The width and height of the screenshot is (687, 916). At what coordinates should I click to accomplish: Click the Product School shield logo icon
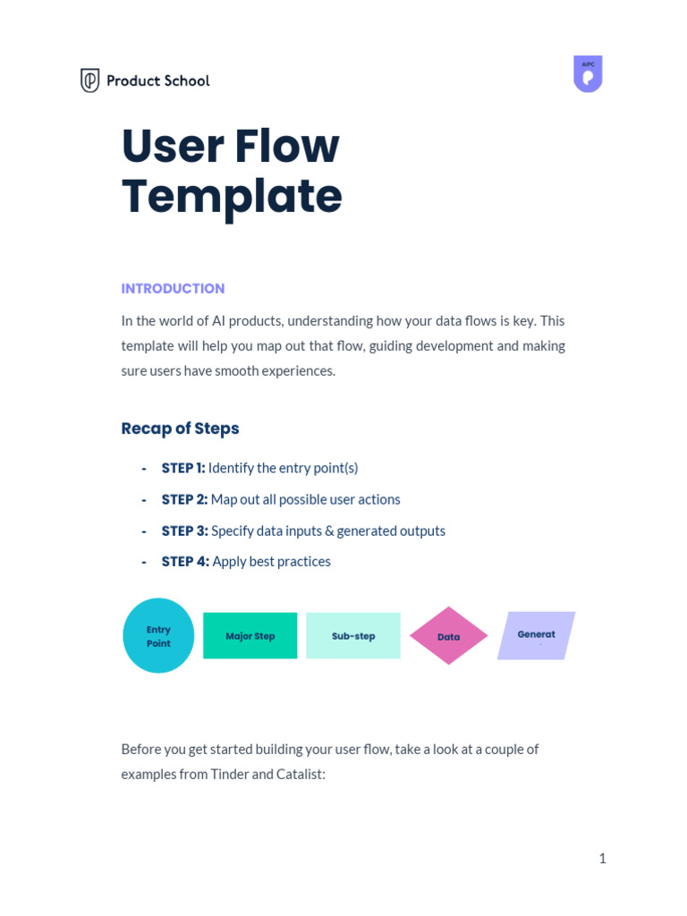[x=89, y=81]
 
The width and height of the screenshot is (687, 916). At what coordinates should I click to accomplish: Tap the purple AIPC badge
[x=588, y=74]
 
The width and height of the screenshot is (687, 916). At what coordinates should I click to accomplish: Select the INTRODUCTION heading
[x=173, y=288]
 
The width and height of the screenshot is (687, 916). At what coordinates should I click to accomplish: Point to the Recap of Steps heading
[x=180, y=428]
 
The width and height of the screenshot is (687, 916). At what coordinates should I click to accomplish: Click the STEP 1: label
[x=183, y=468]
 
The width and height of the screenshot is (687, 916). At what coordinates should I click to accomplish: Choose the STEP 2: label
[x=184, y=499]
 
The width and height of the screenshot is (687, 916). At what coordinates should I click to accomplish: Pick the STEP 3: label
[x=184, y=530]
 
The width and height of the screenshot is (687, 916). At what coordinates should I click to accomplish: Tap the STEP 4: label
[x=185, y=562]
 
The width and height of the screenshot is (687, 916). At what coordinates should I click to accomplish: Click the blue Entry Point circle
[x=158, y=636]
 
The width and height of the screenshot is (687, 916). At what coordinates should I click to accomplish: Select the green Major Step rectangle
[x=250, y=636]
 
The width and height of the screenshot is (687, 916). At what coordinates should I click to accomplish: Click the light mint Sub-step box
[x=353, y=636]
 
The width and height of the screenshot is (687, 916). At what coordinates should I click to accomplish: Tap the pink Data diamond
[x=449, y=636]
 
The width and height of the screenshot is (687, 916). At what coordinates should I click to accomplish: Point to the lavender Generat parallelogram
[x=536, y=635]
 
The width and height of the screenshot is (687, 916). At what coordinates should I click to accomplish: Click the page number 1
[x=602, y=859]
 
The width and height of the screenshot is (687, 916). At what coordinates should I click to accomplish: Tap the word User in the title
[x=168, y=147]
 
